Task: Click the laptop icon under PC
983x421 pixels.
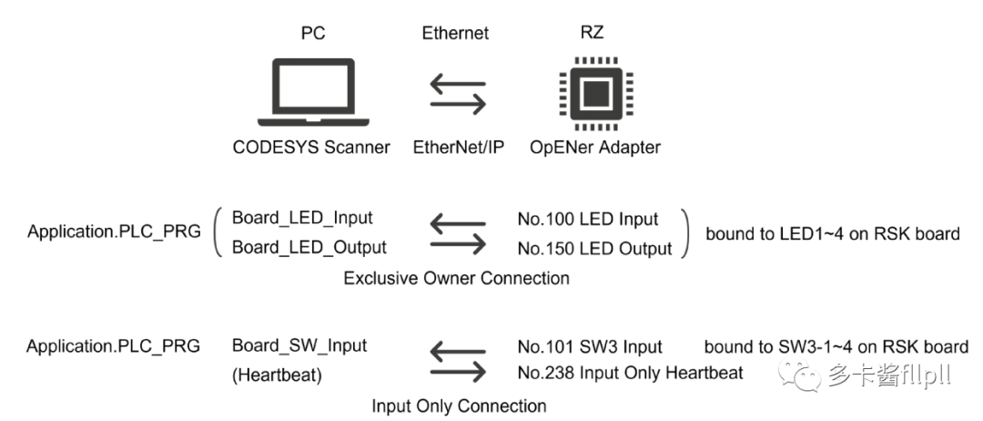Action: pos(313,93)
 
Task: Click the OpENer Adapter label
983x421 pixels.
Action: pos(595,147)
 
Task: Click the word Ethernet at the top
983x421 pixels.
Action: pos(455,33)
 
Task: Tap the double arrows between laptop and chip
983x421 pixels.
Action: pos(457,94)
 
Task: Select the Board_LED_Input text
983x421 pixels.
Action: pos(302,218)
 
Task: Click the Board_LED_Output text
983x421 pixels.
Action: pos(309,247)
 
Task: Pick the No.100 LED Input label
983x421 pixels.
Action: pos(588,219)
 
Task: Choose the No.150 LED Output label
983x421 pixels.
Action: pos(594,248)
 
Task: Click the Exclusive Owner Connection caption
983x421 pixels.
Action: pos(456,278)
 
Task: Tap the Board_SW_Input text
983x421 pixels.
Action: pos(299,345)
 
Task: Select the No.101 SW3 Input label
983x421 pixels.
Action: pos(589,346)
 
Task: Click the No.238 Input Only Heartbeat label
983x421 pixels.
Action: pos(630,373)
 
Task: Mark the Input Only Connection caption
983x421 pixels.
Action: pos(459,406)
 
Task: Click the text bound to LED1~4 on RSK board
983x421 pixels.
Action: pos(832,233)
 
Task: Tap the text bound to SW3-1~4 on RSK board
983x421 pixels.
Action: pos(836,346)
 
